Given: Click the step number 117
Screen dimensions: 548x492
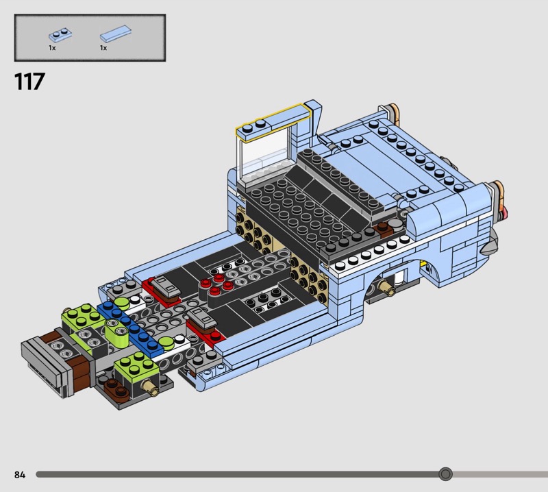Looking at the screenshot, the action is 29,82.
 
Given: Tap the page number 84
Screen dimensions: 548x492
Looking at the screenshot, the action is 20,474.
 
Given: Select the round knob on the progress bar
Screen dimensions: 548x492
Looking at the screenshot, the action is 445,474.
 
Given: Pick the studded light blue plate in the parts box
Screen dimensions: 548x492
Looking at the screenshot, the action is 60,34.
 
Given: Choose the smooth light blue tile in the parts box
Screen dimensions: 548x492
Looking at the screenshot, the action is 116,34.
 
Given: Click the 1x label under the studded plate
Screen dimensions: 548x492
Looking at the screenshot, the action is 52,48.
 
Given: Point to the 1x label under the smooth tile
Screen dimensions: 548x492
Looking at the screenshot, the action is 103,48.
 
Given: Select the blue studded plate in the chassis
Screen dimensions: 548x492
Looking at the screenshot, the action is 130,330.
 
